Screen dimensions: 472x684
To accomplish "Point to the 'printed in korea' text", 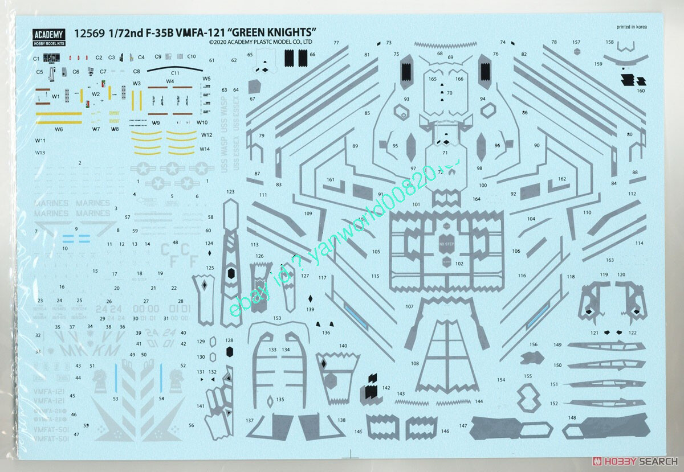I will point(632,27).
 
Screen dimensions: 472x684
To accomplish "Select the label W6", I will point(59,129).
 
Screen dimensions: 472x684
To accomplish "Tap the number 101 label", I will point(416,204).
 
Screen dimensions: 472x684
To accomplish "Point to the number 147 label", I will point(462,425).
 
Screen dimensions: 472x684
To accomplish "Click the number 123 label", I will point(230,192).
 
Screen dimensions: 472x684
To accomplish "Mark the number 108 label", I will point(414,363).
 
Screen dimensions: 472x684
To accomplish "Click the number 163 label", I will point(610,260).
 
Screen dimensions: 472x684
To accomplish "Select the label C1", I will point(36,59).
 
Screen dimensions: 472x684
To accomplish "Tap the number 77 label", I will point(336,43).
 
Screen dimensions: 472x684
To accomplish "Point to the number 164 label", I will point(477,199).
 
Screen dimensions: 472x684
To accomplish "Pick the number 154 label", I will point(501,380).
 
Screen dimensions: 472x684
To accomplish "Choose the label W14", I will point(205,149).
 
